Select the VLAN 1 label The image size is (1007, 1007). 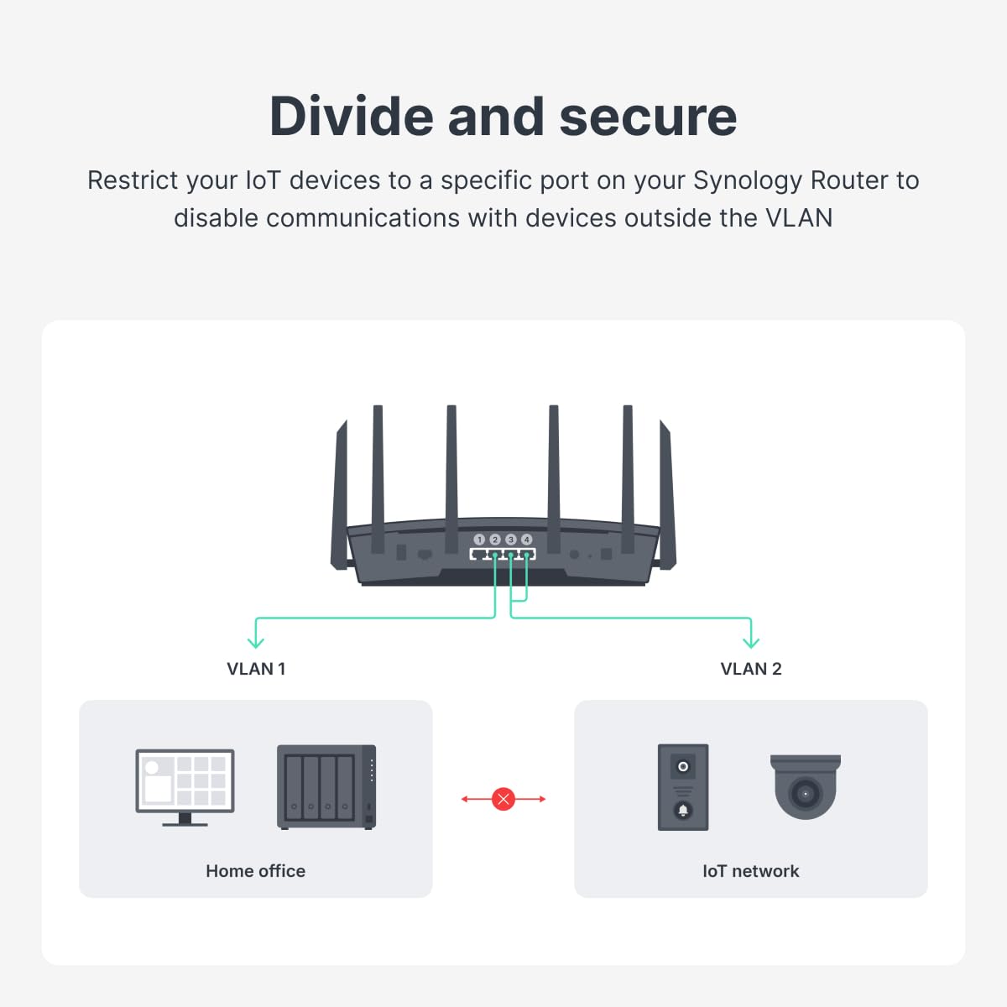click(256, 669)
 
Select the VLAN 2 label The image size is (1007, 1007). click(751, 669)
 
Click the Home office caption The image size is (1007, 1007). click(255, 871)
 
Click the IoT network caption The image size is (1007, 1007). click(751, 871)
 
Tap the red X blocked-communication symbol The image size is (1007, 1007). click(503, 799)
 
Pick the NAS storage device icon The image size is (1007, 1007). click(326, 786)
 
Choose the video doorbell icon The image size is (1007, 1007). click(683, 787)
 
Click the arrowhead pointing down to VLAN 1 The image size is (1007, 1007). click(256, 642)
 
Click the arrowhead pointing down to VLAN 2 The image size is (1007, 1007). click(751, 642)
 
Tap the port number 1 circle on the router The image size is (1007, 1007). click(479, 540)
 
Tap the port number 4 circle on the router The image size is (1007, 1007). click(527, 540)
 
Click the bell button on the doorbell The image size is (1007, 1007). click(683, 810)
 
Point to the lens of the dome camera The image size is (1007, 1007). click(806, 793)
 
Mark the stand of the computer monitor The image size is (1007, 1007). click(185, 820)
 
